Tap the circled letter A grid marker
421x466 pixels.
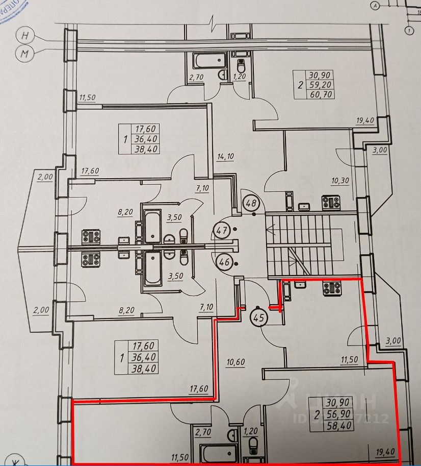point(376,6)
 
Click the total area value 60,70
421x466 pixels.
point(321,94)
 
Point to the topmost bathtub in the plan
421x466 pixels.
point(208,61)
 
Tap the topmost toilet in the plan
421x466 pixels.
point(242,65)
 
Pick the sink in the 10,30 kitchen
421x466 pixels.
point(305,206)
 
